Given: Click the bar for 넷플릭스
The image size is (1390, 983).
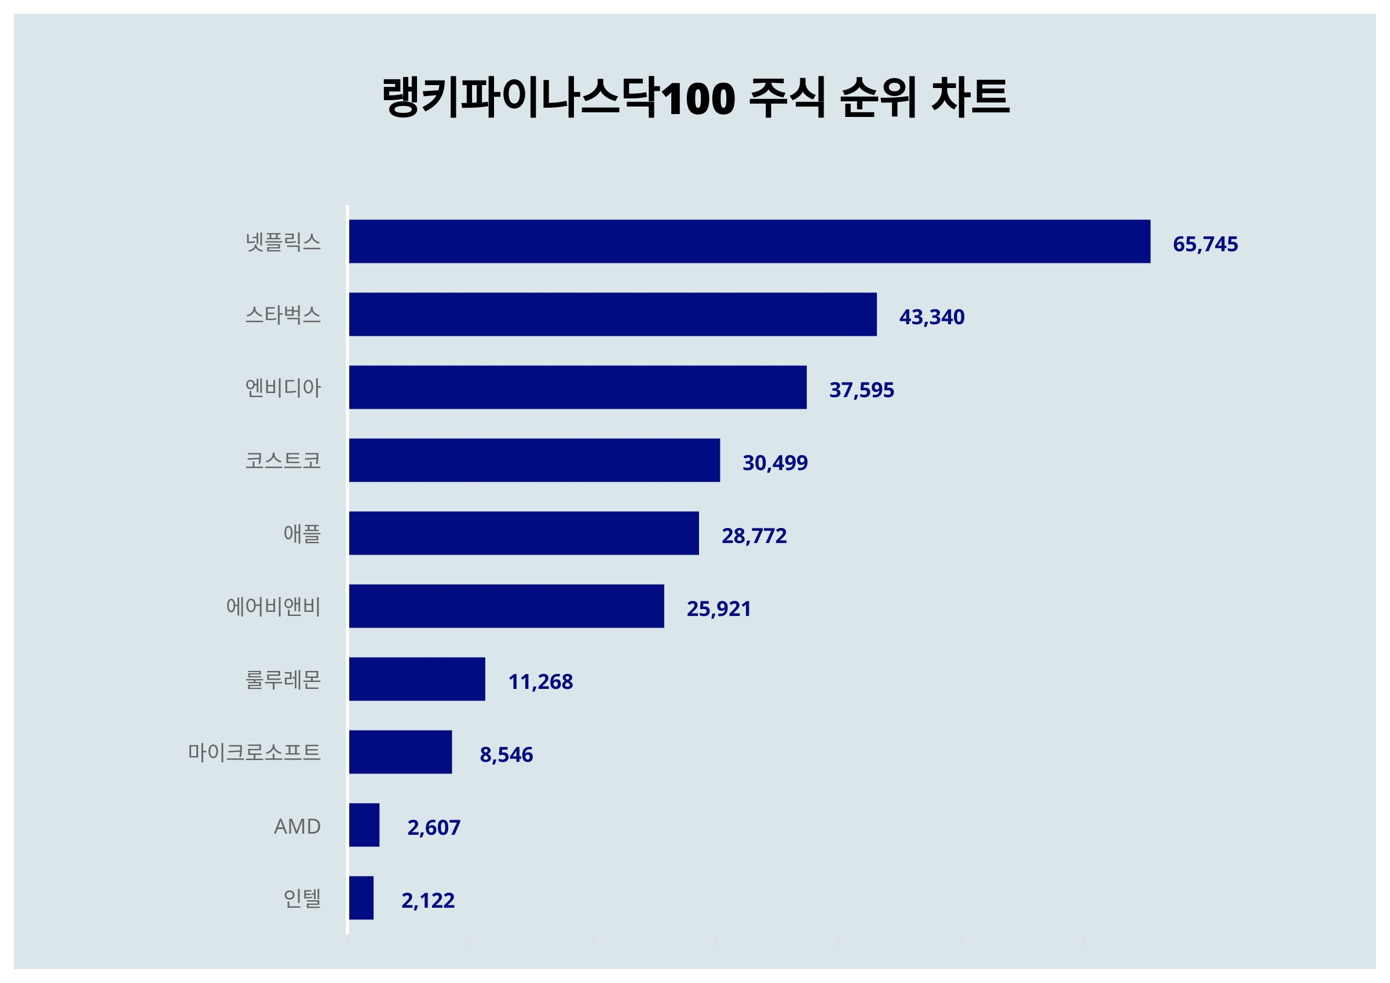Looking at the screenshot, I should point(749,241).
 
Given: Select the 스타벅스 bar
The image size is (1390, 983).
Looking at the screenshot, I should point(613,314).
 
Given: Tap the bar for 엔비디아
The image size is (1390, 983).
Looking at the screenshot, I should point(577,387).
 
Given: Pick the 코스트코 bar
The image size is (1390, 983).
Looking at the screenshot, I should point(535,460).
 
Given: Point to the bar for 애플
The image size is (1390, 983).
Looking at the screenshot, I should point(524,533).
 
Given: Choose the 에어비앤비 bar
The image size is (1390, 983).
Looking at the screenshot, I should point(506,606).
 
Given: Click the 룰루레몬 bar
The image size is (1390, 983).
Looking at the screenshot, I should point(417,679).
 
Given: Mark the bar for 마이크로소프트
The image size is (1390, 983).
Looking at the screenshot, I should point(400,752).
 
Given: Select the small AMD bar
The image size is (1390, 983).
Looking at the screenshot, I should point(364,825).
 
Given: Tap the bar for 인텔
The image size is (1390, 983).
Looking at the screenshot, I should point(361,898).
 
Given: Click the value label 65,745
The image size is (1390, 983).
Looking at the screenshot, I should point(1205,244).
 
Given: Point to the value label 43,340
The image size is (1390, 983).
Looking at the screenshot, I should point(932,317).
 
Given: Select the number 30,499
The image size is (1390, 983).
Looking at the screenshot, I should point(775,463).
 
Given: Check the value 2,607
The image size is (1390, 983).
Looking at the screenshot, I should point(433,827).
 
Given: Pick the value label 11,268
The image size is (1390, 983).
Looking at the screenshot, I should point(540,681).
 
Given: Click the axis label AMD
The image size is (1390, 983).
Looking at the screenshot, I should point(297,826).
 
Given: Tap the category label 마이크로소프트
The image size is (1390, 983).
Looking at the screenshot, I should point(254,753).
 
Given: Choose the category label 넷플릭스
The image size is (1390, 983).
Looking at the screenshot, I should point(283,242).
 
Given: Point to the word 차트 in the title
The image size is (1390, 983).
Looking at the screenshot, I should point(970,97).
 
